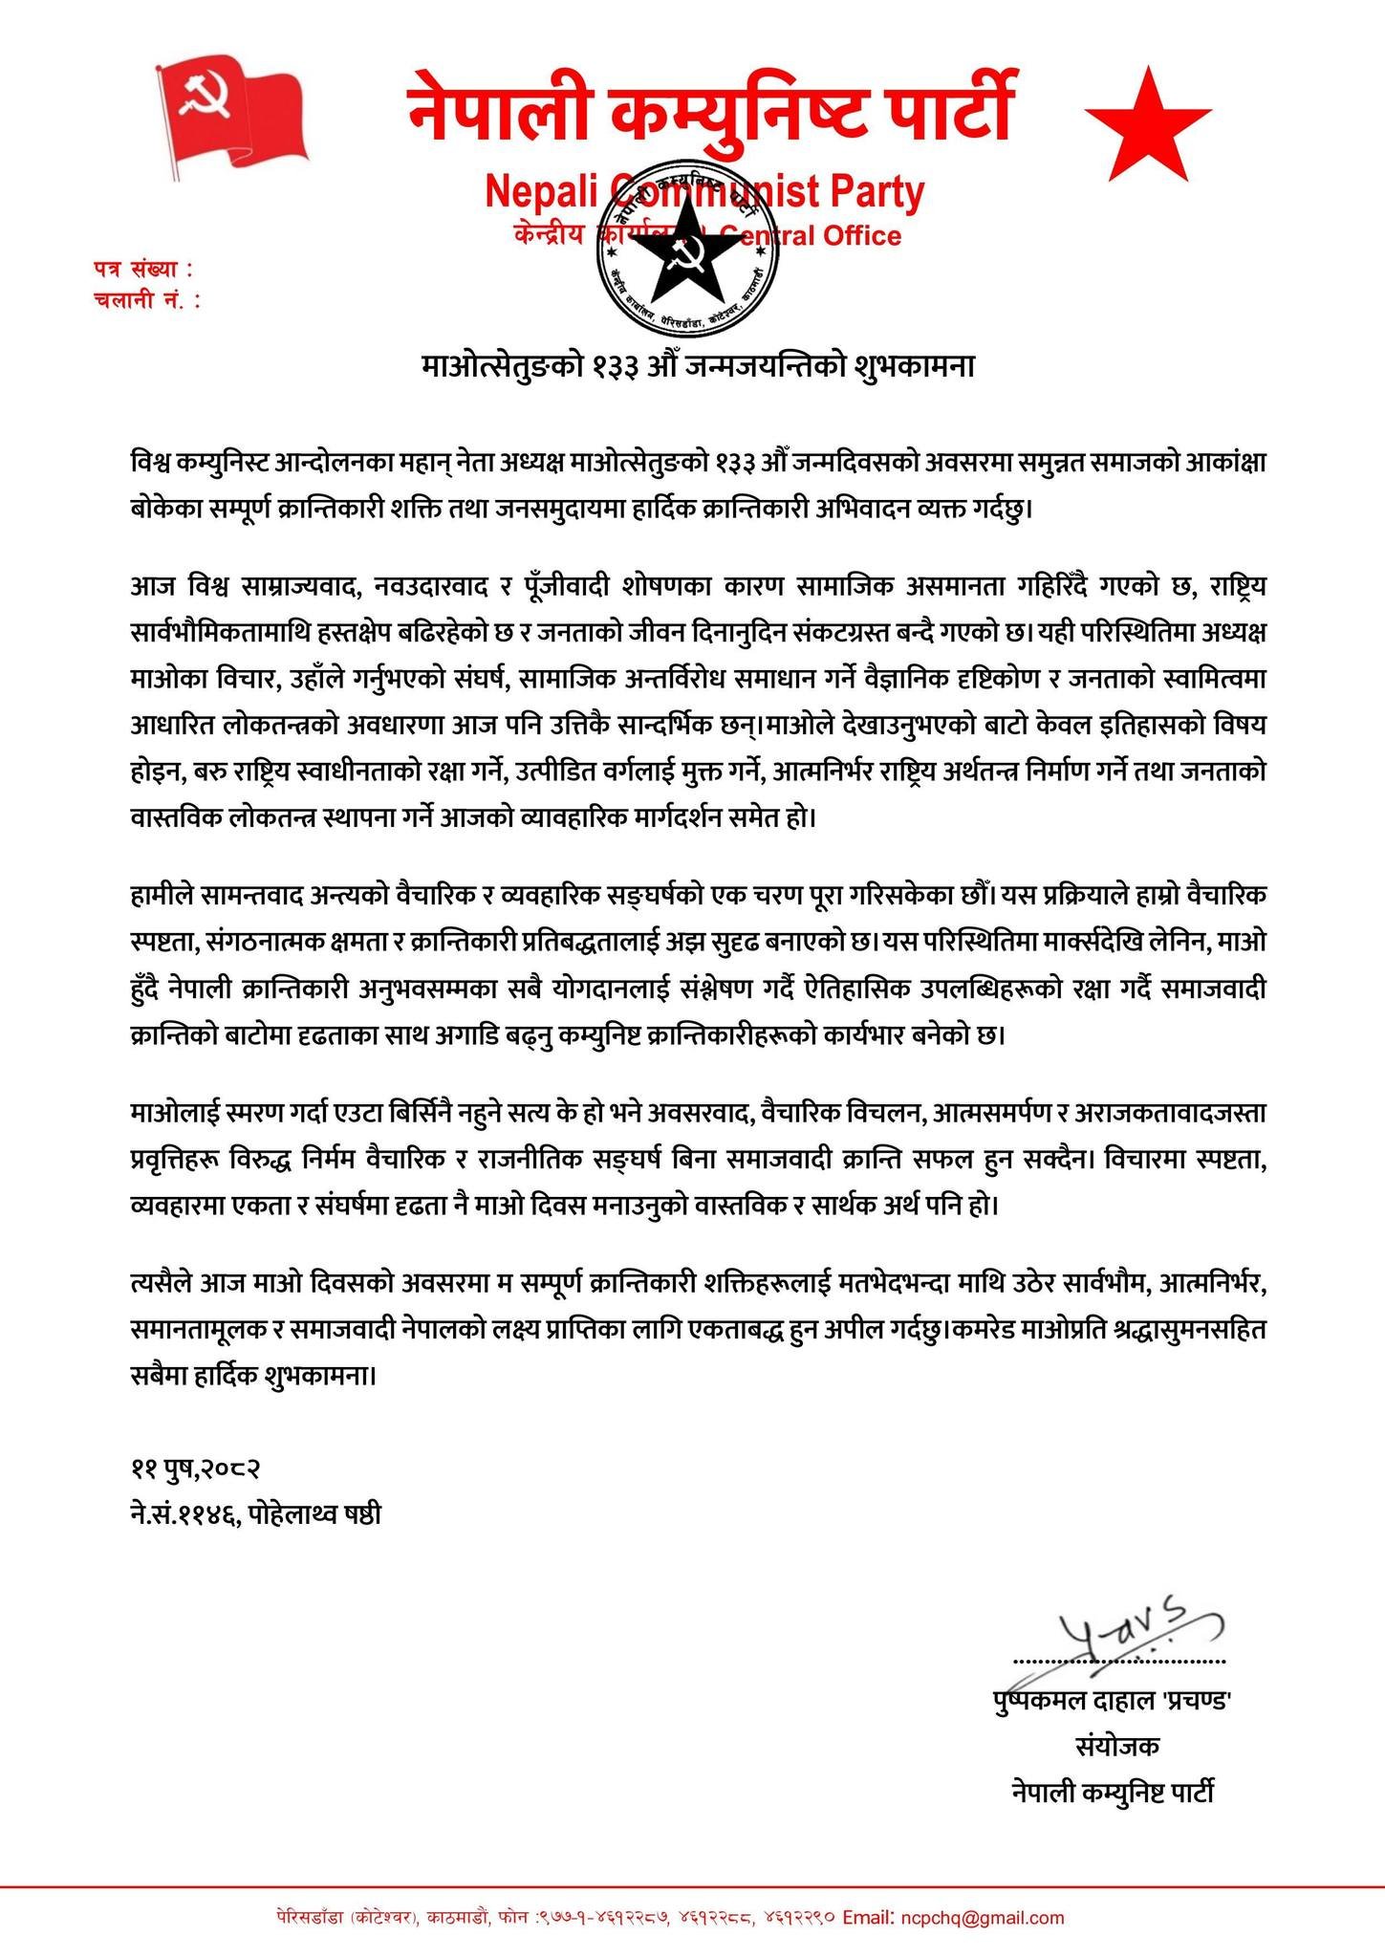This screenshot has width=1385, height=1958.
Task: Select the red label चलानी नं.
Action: (148, 300)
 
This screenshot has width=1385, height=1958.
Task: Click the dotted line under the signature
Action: (1118, 1661)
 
